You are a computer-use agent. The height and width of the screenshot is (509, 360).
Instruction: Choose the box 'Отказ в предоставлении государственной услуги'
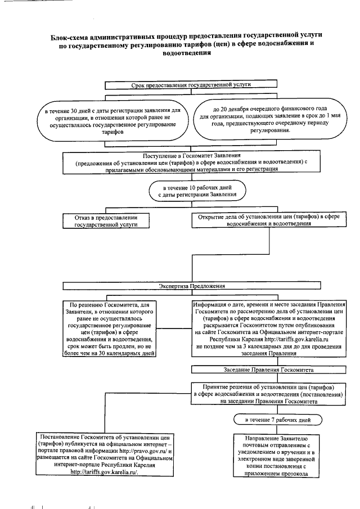106,220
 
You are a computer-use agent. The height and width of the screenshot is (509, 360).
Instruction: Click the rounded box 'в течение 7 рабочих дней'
277,420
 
